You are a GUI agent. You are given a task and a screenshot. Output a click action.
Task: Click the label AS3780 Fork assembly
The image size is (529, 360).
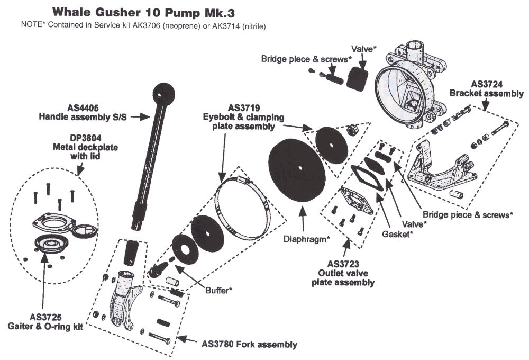point(249,344)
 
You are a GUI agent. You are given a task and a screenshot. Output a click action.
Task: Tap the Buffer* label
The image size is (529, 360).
point(218,291)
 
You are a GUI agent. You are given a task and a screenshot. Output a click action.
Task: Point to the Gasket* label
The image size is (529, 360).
point(399,233)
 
